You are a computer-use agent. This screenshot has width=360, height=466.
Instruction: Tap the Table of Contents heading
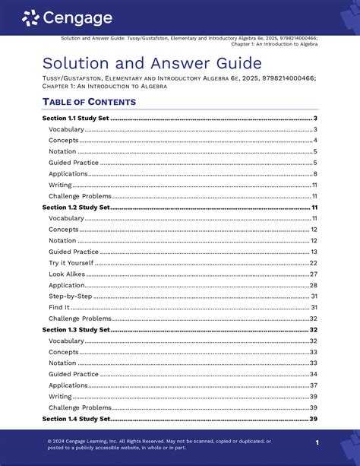click(x=90, y=102)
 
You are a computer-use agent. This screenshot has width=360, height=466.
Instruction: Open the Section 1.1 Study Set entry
click(x=76, y=119)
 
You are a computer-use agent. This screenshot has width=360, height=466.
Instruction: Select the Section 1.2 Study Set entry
click(x=76, y=207)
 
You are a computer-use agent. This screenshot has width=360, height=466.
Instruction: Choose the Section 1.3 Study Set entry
click(x=76, y=330)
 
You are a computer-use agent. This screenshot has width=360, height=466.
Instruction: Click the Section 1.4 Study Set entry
click(x=76, y=419)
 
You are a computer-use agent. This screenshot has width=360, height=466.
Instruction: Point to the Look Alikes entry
click(x=66, y=274)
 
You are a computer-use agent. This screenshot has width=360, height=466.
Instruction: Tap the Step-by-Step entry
click(x=69, y=296)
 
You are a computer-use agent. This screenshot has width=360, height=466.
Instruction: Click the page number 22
click(x=313, y=262)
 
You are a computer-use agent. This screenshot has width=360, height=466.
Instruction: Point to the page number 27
click(x=313, y=274)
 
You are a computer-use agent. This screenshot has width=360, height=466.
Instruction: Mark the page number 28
click(x=313, y=285)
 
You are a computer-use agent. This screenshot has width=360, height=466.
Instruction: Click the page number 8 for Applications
click(x=314, y=174)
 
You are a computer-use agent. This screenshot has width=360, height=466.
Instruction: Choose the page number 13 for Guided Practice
click(x=313, y=252)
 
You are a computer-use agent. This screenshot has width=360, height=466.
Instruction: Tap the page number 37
click(x=313, y=385)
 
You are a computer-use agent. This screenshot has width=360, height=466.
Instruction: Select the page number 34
click(x=313, y=374)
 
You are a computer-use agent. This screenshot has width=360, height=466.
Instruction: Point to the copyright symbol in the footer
click(x=49, y=441)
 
